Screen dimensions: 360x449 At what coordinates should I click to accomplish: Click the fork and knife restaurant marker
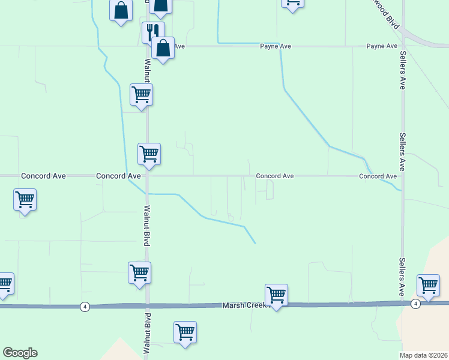[x=152, y=32]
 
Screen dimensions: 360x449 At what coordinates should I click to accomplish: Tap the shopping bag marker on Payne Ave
[x=163, y=48]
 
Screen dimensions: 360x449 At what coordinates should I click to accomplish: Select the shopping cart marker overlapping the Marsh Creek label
[x=276, y=295]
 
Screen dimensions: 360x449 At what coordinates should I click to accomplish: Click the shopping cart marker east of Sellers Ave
[x=429, y=286]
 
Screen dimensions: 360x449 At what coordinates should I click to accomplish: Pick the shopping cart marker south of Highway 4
[x=185, y=332]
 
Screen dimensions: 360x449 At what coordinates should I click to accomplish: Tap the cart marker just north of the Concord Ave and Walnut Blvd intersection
[x=149, y=154]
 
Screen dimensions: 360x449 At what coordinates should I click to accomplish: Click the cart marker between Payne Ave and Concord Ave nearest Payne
[x=142, y=95]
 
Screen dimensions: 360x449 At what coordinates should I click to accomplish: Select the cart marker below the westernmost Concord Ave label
[x=25, y=200]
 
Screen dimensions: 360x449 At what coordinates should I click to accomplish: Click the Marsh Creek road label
[x=244, y=305]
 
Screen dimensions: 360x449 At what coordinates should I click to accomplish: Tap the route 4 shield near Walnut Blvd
[x=84, y=307]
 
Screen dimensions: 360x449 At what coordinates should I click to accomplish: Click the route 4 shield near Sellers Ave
[x=415, y=304]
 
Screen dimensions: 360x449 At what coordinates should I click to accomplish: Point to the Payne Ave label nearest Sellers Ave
[x=382, y=46]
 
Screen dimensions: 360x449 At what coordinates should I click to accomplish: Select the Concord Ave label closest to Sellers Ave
[x=378, y=176]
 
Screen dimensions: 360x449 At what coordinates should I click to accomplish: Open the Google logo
[x=20, y=353]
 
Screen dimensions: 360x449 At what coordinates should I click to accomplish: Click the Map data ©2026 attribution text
[x=423, y=355]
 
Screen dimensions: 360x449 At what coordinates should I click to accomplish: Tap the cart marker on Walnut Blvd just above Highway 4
[x=139, y=273]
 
